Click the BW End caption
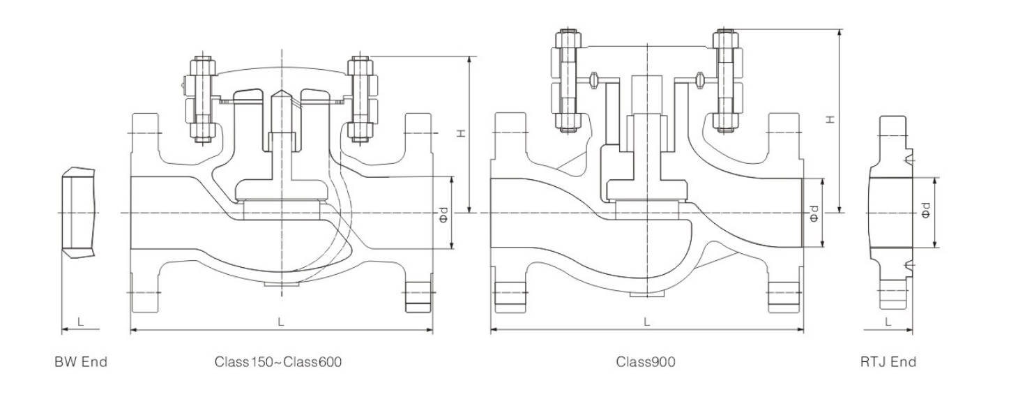point(81,362)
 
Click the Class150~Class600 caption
point(278,362)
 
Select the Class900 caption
point(645,362)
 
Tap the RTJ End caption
point(888,362)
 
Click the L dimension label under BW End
point(80,321)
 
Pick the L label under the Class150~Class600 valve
point(281,321)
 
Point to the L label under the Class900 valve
point(646,321)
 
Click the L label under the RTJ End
point(888,321)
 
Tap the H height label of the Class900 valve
point(830,119)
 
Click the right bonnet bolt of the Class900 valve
point(727,81)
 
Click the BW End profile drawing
point(79,213)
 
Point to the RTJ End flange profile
point(890,213)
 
